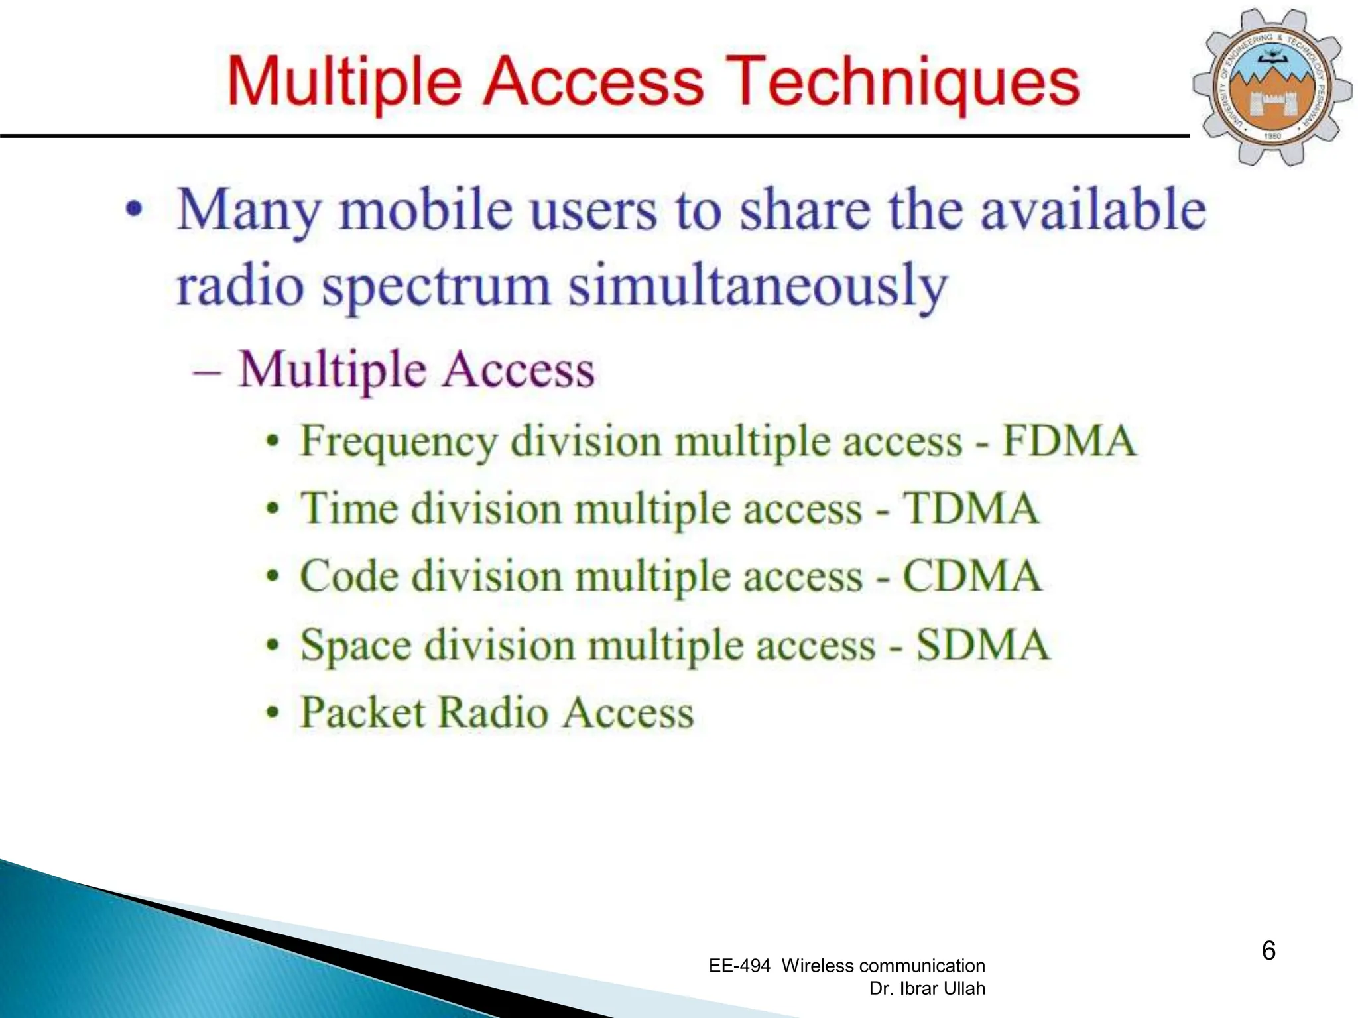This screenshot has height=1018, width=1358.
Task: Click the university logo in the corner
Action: [1272, 86]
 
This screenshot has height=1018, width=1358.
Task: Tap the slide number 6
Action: [1268, 950]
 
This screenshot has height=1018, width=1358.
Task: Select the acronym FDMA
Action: [1069, 441]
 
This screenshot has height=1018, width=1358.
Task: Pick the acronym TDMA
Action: [971, 509]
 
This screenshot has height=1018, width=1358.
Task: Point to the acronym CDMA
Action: [972, 576]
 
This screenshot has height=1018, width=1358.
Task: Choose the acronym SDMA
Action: [983, 644]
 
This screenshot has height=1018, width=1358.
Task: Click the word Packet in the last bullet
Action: [362, 712]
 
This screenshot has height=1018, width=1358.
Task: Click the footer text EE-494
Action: [739, 966]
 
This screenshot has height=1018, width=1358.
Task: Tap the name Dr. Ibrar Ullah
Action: [926, 988]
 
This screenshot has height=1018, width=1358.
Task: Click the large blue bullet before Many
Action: [134, 209]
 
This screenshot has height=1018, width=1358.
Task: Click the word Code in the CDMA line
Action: [349, 576]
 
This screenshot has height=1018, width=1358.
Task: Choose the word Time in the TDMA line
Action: [349, 509]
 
